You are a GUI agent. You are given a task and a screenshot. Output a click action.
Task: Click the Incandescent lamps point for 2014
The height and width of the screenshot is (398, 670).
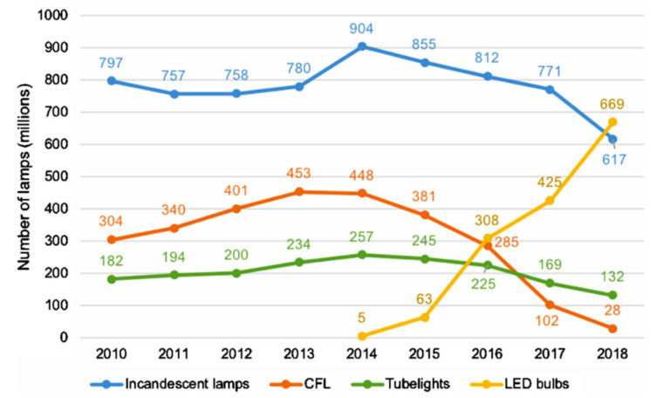pyautogui.click(x=362, y=46)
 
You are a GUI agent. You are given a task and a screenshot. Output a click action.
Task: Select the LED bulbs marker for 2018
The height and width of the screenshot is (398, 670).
pyautogui.click(x=612, y=122)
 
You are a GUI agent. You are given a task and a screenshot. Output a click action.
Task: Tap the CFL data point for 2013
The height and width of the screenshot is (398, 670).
pyautogui.click(x=299, y=191)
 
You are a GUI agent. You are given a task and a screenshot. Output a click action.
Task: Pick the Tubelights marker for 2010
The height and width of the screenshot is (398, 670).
pyautogui.click(x=112, y=278)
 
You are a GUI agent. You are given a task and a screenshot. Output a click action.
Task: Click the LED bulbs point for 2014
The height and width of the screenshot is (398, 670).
pyautogui.click(x=362, y=335)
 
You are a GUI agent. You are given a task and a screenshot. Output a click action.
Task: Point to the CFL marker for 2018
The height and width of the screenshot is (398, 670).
pyautogui.click(x=612, y=328)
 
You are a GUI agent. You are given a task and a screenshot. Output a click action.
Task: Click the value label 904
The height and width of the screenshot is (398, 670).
pyautogui.click(x=362, y=26)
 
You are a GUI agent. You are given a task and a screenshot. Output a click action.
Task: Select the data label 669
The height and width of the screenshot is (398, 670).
pyautogui.click(x=612, y=103)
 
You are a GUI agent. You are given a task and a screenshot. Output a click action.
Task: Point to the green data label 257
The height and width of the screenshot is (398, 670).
pyautogui.click(x=362, y=237)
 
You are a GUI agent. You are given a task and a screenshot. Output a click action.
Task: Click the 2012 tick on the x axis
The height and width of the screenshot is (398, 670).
pyautogui.click(x=236, y=353)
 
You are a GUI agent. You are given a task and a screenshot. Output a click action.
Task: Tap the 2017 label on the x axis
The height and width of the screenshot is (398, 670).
pyautogui.click(x=550, y=353)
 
